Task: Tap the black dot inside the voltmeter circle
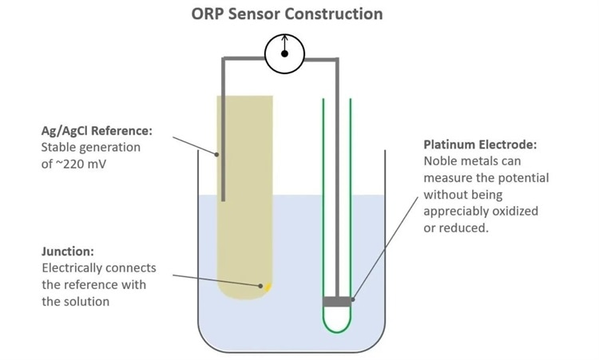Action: pyautogui.click(x=285, y=54)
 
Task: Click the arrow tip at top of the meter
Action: pyautogui.click(x=285, y=37)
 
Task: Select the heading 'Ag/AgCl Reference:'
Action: pyautogui.click(x=96, y=131)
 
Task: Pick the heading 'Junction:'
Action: pyautogui.click(x=68, y=251)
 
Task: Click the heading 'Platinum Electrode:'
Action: pyautogui.click(x=480, y=145)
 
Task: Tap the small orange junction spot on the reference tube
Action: pyautogui.click(x=268, y=285)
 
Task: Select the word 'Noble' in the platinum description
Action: pyautogui.click(x=441, y=161)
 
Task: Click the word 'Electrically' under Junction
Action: pyautogui.click(x=71, y=268)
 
